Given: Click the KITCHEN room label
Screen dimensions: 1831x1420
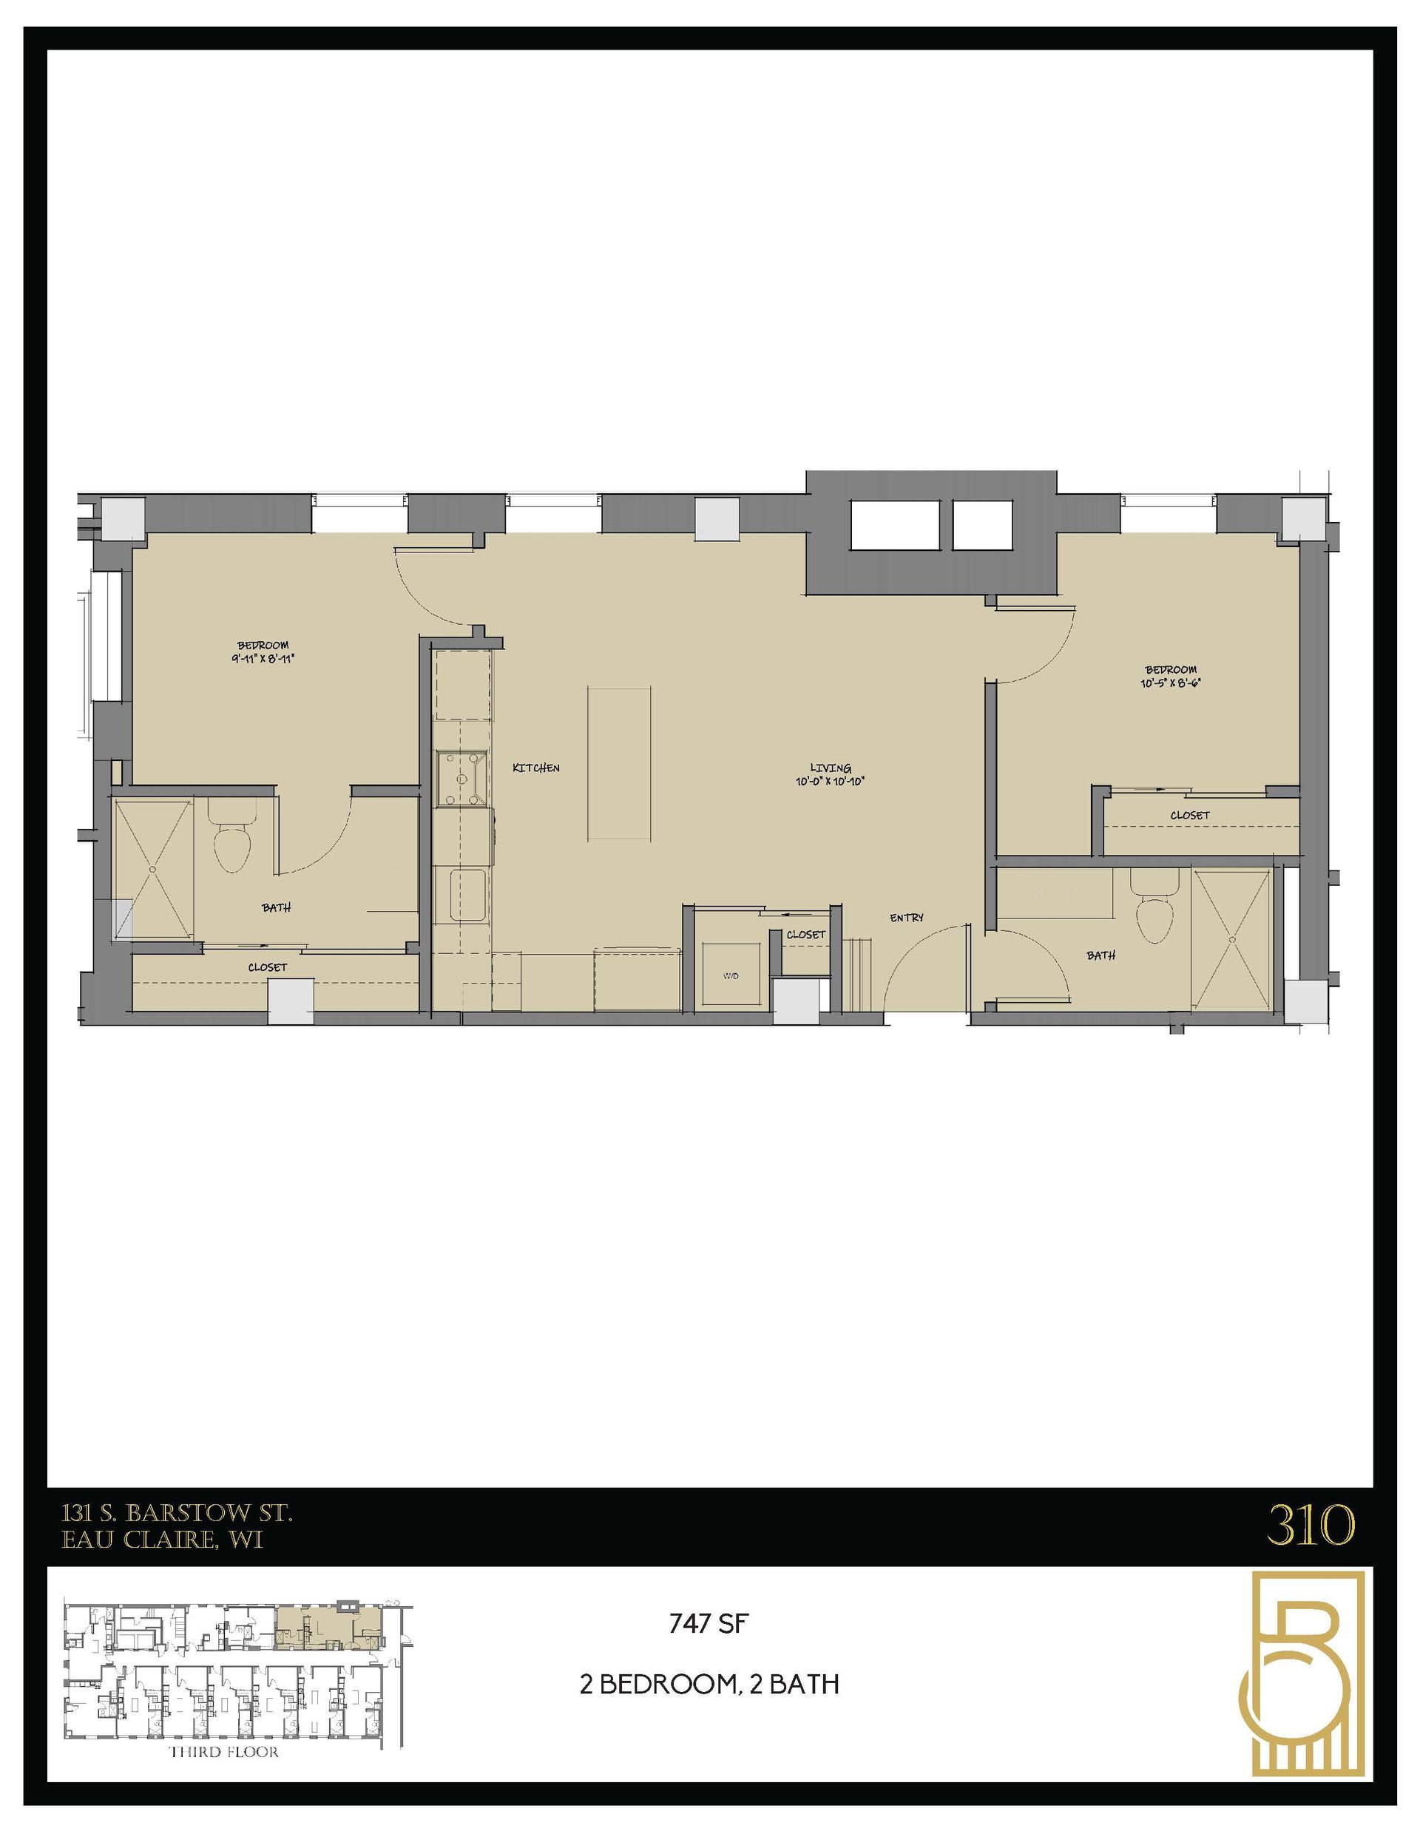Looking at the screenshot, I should pos(535,767).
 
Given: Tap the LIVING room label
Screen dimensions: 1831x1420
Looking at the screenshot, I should pos(830,767).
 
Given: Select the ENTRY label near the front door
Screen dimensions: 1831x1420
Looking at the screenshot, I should pos(906,918).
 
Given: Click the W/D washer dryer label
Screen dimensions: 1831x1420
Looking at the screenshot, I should pos(730,976).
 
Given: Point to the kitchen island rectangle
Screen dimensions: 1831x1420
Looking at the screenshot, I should pos(620,764).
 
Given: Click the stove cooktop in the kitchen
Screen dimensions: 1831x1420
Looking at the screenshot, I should pos(461,778).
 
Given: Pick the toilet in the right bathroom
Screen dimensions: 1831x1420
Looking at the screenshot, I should pos(1154,914).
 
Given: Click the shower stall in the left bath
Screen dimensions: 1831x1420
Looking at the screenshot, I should pos(153,870).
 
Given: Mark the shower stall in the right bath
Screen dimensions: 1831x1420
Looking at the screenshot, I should pos(1232,939).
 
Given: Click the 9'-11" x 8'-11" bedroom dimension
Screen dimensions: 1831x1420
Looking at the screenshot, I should pos(263,658).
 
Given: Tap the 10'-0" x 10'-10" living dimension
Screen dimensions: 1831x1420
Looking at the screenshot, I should pos(830,780).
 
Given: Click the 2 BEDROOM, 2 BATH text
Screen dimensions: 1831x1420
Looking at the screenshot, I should pos(709,1685).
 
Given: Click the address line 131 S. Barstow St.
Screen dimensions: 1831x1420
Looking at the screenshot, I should pos(177,1512).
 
